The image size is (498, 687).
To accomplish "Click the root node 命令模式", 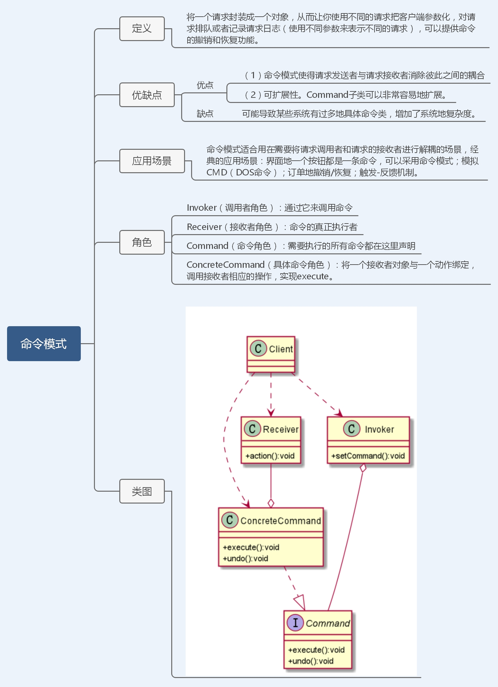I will pos(44,343).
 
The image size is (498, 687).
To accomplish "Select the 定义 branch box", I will pos(142,29).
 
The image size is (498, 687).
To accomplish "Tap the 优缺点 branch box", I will pos(147,95).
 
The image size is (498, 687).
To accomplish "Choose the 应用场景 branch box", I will pos(152,161).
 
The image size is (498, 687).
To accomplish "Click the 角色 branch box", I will pos(142,242).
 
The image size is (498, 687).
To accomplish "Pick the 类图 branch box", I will pos(142,491).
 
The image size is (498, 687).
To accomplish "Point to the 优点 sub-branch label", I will pos(205,85).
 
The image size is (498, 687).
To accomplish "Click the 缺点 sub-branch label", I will pos(205,114).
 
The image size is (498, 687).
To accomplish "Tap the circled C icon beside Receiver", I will pos(252,429).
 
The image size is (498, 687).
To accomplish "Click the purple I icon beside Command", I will pos(295,623).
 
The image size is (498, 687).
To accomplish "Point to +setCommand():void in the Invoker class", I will pos(368,456).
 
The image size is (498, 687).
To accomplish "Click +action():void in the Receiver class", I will pos(270,456).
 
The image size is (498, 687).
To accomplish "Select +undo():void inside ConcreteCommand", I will pos(245,558).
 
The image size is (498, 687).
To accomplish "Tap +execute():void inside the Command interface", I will pos(316,650).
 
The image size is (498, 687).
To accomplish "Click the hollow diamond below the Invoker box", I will pos(363,468).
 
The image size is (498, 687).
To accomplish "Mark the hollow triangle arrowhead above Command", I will pos(300,602).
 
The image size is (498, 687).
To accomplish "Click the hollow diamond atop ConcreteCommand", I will pos(271,503).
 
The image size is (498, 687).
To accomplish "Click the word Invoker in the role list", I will pos(202,208).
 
